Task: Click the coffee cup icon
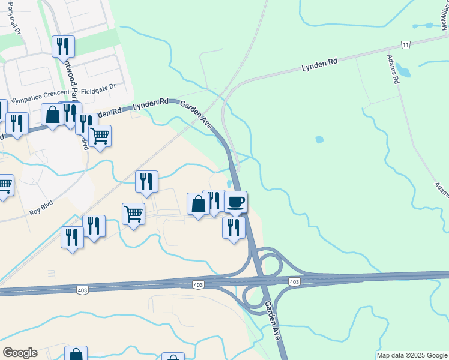pos(236,202)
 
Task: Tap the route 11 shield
pos(406,45)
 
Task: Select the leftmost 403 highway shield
pos(82,290)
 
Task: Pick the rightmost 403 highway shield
pos(294,281)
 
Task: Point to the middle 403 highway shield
pos(198,284)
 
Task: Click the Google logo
pos(20,353)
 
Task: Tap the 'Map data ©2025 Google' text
pos(412,356)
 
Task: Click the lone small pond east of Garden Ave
pos(319,140)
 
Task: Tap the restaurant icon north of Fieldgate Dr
pos(63,46)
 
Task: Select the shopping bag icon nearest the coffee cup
pos(199,204)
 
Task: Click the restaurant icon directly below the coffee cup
pos(234,227)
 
